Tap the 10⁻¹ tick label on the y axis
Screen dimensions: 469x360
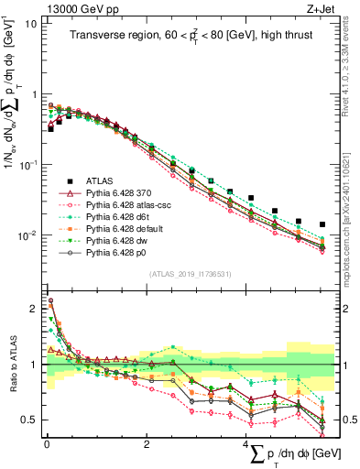pyautogui.click(x=27, y=165)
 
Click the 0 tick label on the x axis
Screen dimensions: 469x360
pyautogui.click(x=46, y=443)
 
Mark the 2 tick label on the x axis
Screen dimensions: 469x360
pyautogui.click(x=147, y=443)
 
